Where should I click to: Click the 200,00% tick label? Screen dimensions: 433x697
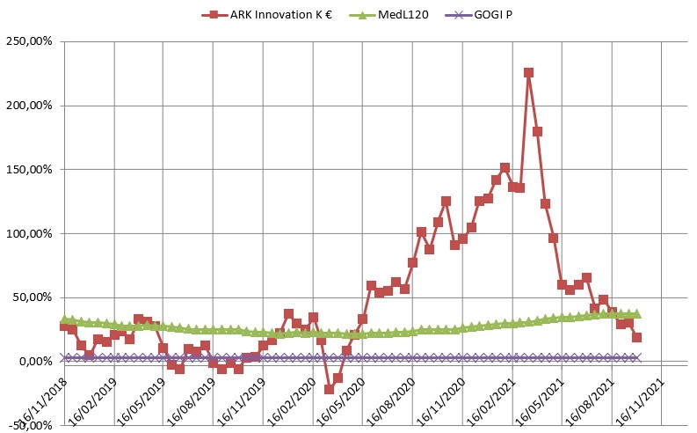31,106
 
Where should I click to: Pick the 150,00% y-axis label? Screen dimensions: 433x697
31,169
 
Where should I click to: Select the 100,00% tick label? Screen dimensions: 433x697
31,233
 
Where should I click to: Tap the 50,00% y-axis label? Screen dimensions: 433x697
33,297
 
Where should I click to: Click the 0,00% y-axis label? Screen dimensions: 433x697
36,362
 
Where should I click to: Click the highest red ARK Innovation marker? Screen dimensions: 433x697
528,73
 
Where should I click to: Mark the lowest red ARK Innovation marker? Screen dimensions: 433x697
330,389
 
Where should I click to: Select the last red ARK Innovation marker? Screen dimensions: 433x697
636,337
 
